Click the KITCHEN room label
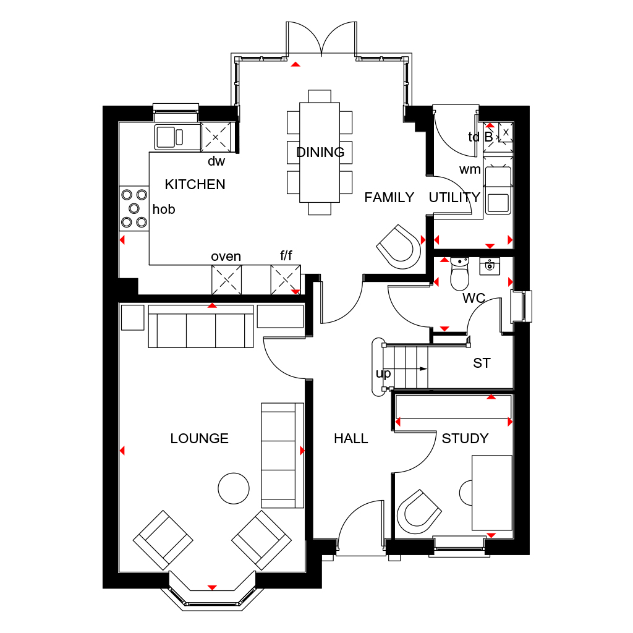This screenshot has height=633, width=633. click(195, 184)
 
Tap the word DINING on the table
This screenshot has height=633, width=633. click(320, 152)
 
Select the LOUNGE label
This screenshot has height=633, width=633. click(199, 438)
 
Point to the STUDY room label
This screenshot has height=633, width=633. click(465, 438)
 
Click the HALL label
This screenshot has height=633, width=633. click(350, 438)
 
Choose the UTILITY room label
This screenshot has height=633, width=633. click(454, 197)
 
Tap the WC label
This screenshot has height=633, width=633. click(474, 298)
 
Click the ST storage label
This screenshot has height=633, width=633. click(482, 363)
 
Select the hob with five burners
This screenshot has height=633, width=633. click(134, 208)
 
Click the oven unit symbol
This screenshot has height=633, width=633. click(226, 279)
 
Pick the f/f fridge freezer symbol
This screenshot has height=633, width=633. click(286, 279)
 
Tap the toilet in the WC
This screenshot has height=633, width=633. click(460, 274)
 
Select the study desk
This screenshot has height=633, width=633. click(492, 493)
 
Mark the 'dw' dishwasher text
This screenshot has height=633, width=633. click(216, 161)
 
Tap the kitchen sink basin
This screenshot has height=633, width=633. click(165, 136)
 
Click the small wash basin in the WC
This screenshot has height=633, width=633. click(490, 265)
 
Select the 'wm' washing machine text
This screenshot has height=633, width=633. click(470, 169)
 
